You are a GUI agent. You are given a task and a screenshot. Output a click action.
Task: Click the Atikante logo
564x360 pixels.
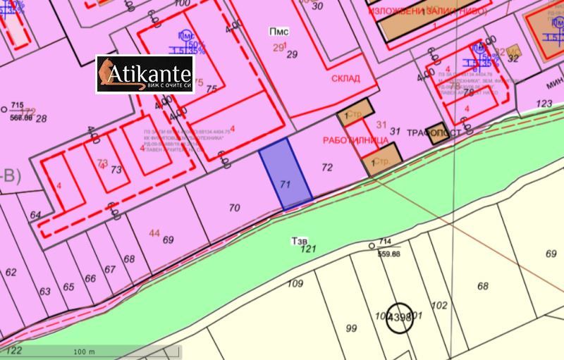pyautogui.click(x=145, y=75)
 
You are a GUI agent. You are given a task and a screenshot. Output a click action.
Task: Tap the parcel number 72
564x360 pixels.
pyautogui.click(x=326, y=168)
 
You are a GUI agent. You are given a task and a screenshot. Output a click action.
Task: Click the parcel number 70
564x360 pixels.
pyautogui.click(x=235, y=208)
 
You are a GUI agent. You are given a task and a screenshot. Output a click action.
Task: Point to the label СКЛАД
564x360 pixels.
pyautogui.click(x=345, y=79)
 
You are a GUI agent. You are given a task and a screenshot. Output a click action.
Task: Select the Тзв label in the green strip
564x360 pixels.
pyautogui.click(x=300, y=240)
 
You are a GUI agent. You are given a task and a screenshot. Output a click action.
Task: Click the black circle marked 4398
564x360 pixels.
pyautogui.click(x=399, y=318)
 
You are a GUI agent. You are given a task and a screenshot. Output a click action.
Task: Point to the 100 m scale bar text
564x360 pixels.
pyautogui.click(x=84, y=351)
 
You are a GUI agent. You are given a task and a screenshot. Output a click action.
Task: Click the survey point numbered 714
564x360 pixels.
pyautogui.click(x=372, y=246)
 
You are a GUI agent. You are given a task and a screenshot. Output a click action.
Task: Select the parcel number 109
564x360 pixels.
pyautogui.click(x=295, y=284)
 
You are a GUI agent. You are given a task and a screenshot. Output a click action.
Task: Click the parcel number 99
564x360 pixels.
pyautogui.click(x=352, y=328)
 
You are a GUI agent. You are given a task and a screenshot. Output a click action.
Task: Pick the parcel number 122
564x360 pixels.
pyautogui.click(x=13, y=350)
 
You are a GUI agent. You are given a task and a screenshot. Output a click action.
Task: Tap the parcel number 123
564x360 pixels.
pyautogui.click(x=544, y=104)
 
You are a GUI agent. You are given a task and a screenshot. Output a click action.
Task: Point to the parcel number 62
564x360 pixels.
pyautogui.click(x=11, y=272)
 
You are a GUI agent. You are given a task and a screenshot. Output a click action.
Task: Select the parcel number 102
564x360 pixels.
pyautogui.click(x=439, y=306)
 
